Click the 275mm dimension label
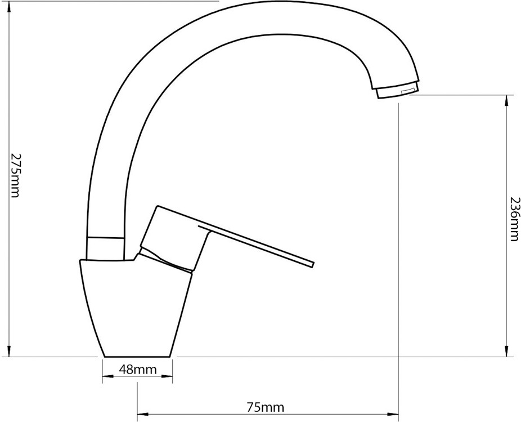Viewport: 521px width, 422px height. click(15, 175)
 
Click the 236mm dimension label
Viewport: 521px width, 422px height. click(514, 218)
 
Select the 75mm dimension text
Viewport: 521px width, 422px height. click(266, 407)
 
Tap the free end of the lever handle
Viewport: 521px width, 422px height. click(313, 264)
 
